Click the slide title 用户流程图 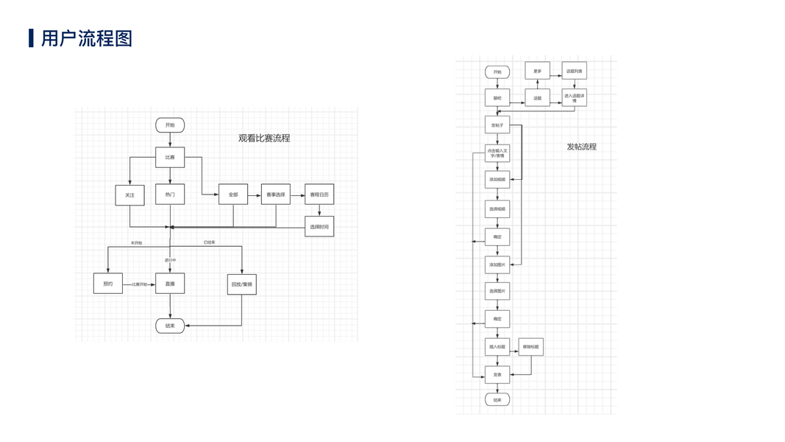[x=86, y=38]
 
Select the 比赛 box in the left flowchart [x=170, y=157]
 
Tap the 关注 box [x=129, y=194]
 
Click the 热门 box [x=170, y=194]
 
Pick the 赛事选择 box [x=276, y=194]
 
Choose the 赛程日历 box [x=319, y=194]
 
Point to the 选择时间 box [x=319, y=226]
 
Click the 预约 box [x=108, y=284]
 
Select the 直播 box [x=170, y=284]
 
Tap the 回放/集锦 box [x=241, y=284]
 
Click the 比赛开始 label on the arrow [x=139, y=284]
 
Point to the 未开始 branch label [x=137, y=242]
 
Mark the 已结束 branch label [x=209, y=242]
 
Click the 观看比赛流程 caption [x=264, y=138]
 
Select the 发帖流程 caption [x=581, y=147]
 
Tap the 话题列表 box [x=574, y=71]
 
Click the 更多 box [x=537, y=71]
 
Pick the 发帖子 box [x=497, y=126]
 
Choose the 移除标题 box [x=530, y=347]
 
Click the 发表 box [x=497, y=375]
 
